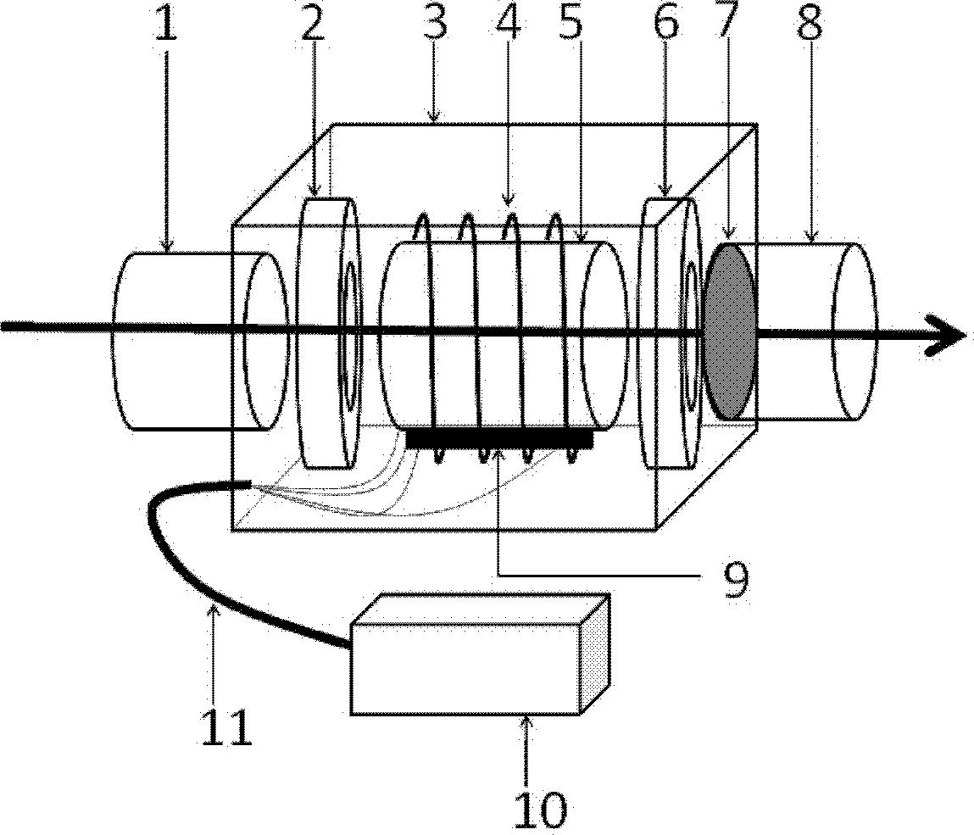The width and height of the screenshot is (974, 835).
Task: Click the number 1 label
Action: click(166, 25)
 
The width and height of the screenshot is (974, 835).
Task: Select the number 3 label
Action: click(435, 25)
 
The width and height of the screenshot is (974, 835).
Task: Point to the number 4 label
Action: click(507, 25)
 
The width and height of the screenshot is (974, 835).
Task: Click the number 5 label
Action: click(572, 25)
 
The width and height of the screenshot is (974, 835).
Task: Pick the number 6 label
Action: click(667, 25)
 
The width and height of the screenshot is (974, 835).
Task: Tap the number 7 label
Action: click(726, 25)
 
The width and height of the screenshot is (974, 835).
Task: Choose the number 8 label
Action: click(810, 25)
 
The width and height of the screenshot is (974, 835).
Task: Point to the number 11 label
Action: click(227, 726)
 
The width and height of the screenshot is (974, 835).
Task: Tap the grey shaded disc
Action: click(730, 331)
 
